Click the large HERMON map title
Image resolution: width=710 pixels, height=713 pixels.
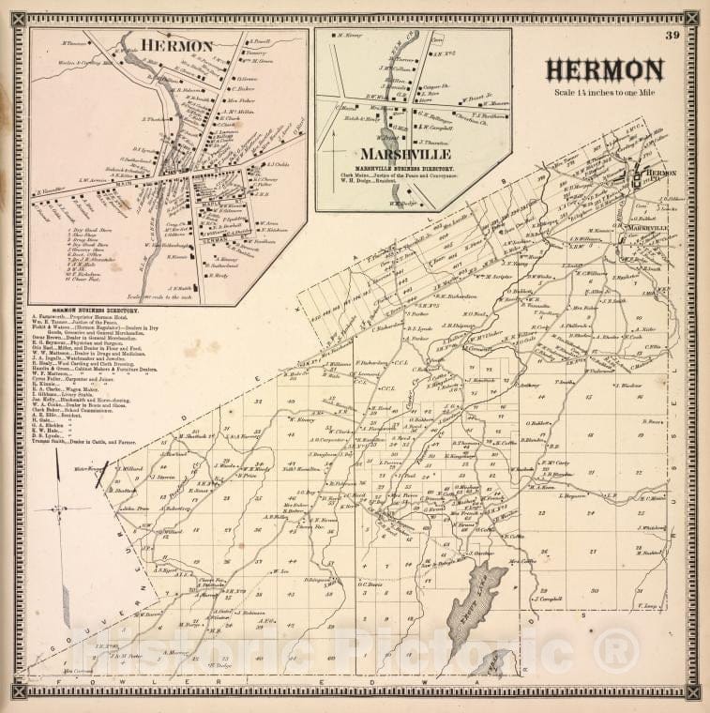(x=605, y=70)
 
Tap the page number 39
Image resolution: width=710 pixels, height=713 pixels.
(x=672, y=36)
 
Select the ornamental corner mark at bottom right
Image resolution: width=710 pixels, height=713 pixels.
(x=691, y=692)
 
